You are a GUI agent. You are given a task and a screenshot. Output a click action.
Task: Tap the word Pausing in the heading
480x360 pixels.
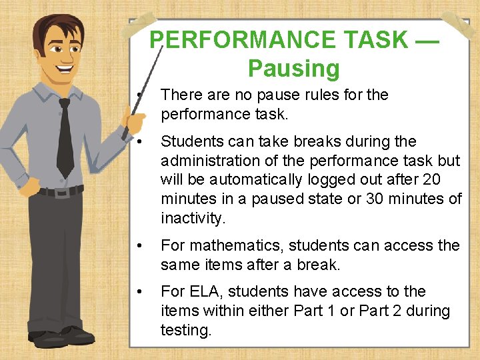coord(293,68)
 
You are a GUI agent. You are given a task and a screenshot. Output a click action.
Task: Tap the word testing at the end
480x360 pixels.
coord(186,329)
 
